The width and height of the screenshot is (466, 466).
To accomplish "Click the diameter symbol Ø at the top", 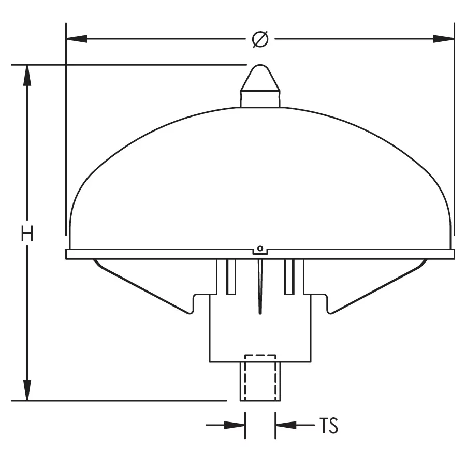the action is tap(260, 39).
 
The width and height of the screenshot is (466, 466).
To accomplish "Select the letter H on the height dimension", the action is tap(27, 234).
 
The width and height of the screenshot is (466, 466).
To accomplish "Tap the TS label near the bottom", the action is tap(329, 425).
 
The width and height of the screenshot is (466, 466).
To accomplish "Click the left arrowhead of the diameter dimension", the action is tap(77, 39).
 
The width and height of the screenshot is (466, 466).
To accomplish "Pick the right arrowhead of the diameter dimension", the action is tap(443, 39).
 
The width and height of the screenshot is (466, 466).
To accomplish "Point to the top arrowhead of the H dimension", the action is tap(27, 75).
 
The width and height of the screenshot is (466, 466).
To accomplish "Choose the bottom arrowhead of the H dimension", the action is tap(27, 390).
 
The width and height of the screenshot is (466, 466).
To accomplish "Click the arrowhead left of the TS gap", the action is tap(235, 425).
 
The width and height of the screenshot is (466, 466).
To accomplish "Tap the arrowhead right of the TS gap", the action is tap(286, 425).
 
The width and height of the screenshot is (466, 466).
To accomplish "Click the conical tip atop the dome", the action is tap(260, 78).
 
